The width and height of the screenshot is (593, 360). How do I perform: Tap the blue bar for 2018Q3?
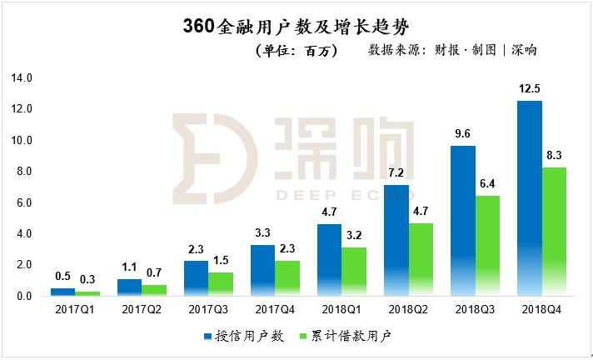pos(462,221)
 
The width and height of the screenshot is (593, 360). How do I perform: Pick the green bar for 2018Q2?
pos(421,259)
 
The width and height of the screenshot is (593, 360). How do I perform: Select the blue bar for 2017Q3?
pos(196,278)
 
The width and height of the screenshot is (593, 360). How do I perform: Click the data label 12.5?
pos(529,88)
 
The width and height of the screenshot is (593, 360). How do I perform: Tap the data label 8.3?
pos(556,154)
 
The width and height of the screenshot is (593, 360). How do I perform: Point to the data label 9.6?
pos(462,133)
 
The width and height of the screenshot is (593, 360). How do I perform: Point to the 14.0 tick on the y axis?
pos(20,78)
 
